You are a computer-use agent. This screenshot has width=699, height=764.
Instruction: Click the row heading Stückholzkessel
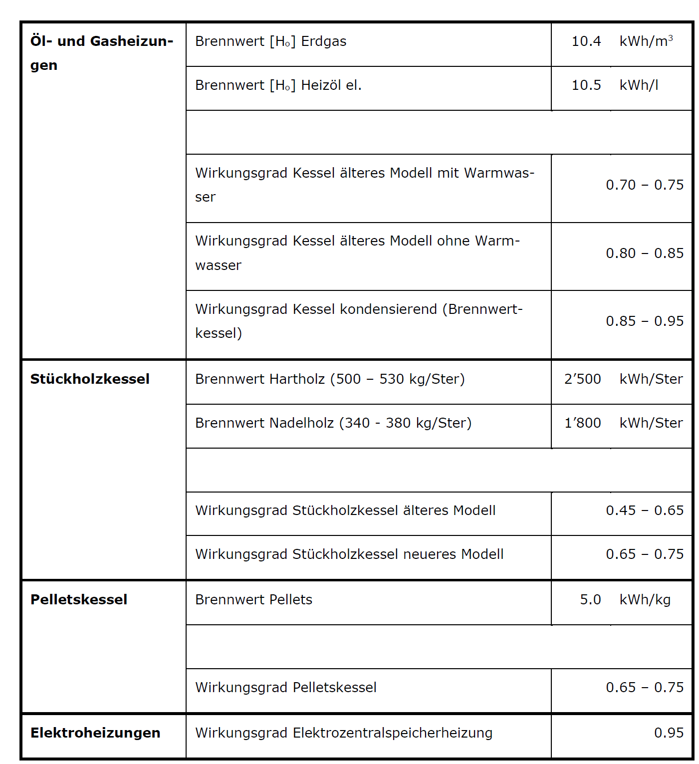coord(90,379)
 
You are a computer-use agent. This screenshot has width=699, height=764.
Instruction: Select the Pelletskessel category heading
coord(79,599)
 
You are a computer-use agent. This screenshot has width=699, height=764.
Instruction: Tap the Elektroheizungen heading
coord(95,733)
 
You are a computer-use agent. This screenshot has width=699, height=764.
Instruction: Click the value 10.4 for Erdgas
coord(586,41)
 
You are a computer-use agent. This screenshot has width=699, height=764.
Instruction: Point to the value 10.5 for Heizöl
coord(586,85)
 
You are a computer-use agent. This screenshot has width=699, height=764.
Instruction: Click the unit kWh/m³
coord(646,41)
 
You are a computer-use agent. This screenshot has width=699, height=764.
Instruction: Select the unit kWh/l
coord(639,85)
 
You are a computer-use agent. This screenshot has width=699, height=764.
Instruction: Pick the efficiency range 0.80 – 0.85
coord(644,254)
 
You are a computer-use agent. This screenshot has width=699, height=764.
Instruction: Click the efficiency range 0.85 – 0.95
coord(644,321)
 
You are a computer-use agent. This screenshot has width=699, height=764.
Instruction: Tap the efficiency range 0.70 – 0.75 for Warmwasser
coord(644,185)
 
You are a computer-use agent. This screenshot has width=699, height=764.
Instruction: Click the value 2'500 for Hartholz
coord(582,379)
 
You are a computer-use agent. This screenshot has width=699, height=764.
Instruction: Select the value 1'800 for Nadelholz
coord(582,423)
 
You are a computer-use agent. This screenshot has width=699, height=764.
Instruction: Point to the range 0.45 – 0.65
coord(644,510)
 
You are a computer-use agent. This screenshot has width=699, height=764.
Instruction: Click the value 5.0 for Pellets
coord(590,600)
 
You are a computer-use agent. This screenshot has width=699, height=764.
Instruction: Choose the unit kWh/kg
coord(645,600)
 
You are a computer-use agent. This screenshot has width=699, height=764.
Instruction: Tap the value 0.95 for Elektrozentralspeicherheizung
coord(669,733)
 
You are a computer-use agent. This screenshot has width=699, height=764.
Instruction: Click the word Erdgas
coord(324,41)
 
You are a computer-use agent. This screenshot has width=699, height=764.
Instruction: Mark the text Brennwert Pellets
coord(253,600)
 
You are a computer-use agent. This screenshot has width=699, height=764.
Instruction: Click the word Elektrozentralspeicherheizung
coord(392,733)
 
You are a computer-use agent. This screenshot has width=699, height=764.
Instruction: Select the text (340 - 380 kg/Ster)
coord(405,423)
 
